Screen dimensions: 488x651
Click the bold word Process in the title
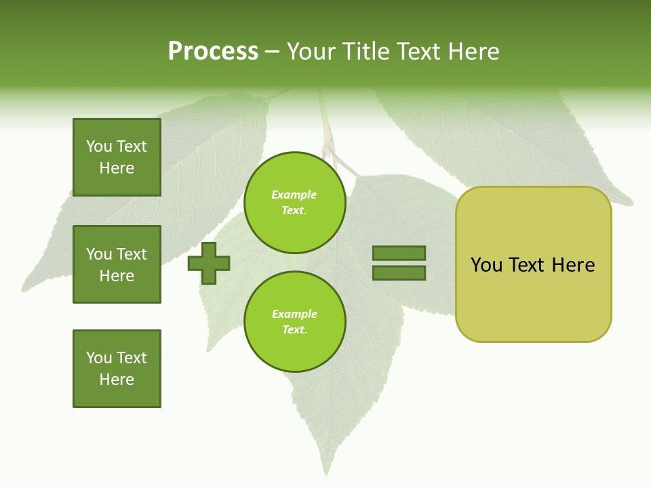(x=213, y=52)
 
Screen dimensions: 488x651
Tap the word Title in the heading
(x=366, y=52)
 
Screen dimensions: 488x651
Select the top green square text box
(x=117, y=157)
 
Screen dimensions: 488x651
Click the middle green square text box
(x=117, y=264)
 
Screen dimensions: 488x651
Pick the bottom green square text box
(x=117, y=369)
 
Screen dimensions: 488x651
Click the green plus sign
(x=209, y=263)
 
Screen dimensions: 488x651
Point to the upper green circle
(x=294, y=203)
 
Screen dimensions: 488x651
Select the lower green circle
(x=294, y=322)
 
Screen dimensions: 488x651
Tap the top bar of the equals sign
(x=399, y=253)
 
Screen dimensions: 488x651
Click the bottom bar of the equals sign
(x=399, y=273)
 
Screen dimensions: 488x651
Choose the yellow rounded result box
(x=533, y=264)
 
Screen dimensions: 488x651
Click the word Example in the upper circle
(x=294, y=195)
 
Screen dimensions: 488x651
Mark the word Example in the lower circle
(x=294, y=314)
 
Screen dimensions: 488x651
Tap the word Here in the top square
(x=117, y=169)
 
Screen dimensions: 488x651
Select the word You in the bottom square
(x=99, y=358)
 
